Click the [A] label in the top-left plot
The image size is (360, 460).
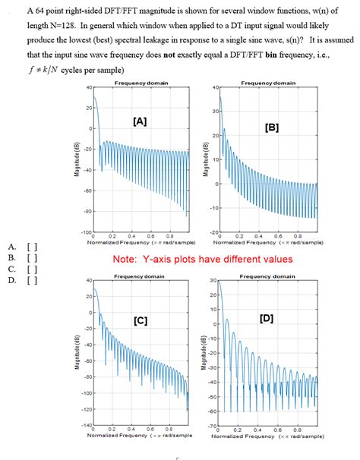140,121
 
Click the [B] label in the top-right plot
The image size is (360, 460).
271,128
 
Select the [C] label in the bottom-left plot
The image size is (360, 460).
141,321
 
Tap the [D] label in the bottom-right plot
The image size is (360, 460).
267,317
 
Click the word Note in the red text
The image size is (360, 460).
126,260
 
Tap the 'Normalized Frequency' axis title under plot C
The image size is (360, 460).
139,436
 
